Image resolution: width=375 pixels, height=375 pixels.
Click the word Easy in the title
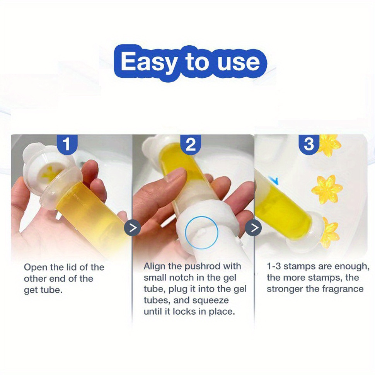click(x=148, y=62)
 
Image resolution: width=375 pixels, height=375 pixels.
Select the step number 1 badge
click(x=67, y=143)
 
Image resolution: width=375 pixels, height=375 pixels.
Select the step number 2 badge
click(x=190, y=144)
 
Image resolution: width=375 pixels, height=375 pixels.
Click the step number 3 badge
click(x=309, y=144)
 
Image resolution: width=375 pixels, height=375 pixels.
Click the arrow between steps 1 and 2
click(x=132, y=228)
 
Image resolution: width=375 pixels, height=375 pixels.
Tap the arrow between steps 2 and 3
click(x=254, y=228)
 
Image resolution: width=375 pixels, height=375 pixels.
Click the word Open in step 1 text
click(x=36, y=267)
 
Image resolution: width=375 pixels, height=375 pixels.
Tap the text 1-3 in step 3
click(x=274, y=266)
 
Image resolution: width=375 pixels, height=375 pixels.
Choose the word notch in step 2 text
click(x=183, y=278)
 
